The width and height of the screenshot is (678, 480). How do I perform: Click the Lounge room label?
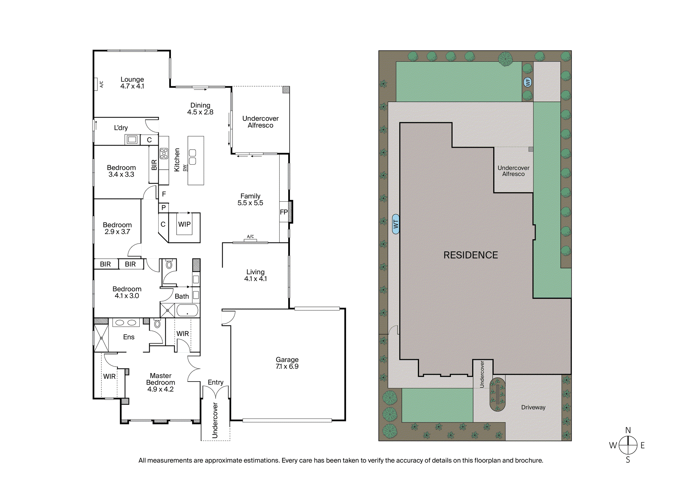132,83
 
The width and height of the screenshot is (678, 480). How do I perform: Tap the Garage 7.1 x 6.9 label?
287,363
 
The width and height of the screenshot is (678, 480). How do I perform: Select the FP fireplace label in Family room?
284,212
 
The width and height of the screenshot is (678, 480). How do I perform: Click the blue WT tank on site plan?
396,224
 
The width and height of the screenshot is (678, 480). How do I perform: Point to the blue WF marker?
528,82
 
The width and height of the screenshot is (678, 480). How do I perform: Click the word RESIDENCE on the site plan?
471,255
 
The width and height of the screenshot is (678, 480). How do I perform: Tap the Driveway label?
533,407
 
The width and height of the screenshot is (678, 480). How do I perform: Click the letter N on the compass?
628,430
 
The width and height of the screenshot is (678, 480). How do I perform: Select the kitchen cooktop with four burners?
164,153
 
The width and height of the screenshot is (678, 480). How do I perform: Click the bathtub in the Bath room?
187,310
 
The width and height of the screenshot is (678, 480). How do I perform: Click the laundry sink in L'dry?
132,140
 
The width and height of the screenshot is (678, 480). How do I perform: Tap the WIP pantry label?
184,224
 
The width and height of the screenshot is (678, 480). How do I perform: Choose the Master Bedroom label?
161,383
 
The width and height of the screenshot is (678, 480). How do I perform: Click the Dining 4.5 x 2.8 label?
200,109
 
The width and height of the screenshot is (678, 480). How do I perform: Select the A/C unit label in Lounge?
101,84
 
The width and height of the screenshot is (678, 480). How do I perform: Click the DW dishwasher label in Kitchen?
185,168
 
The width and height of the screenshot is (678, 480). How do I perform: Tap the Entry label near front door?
216,382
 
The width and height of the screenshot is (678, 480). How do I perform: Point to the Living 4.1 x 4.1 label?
256,275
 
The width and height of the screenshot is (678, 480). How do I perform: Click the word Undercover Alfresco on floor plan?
260,122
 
